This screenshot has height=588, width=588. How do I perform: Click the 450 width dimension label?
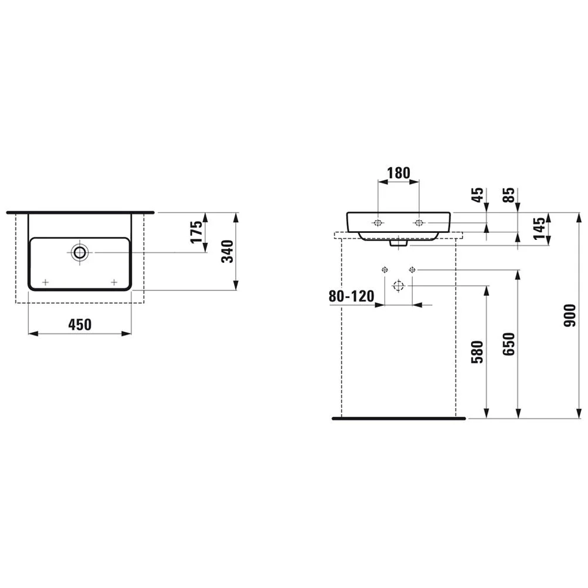[x=80, y=325]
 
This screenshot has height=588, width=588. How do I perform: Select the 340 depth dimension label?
[x=227, y=251]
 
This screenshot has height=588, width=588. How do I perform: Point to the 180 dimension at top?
[x=398, y=173]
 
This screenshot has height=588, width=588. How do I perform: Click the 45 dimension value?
[x=477, y=195]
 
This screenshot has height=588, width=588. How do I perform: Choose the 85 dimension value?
[x=509, y=195]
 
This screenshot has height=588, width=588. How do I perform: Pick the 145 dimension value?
[x=539, y=228]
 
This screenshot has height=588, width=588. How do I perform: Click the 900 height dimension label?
[x=570, y=315]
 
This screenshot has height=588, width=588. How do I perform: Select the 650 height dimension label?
[x=509, y=344]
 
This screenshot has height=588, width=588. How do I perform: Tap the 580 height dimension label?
[x=477, y=352]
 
